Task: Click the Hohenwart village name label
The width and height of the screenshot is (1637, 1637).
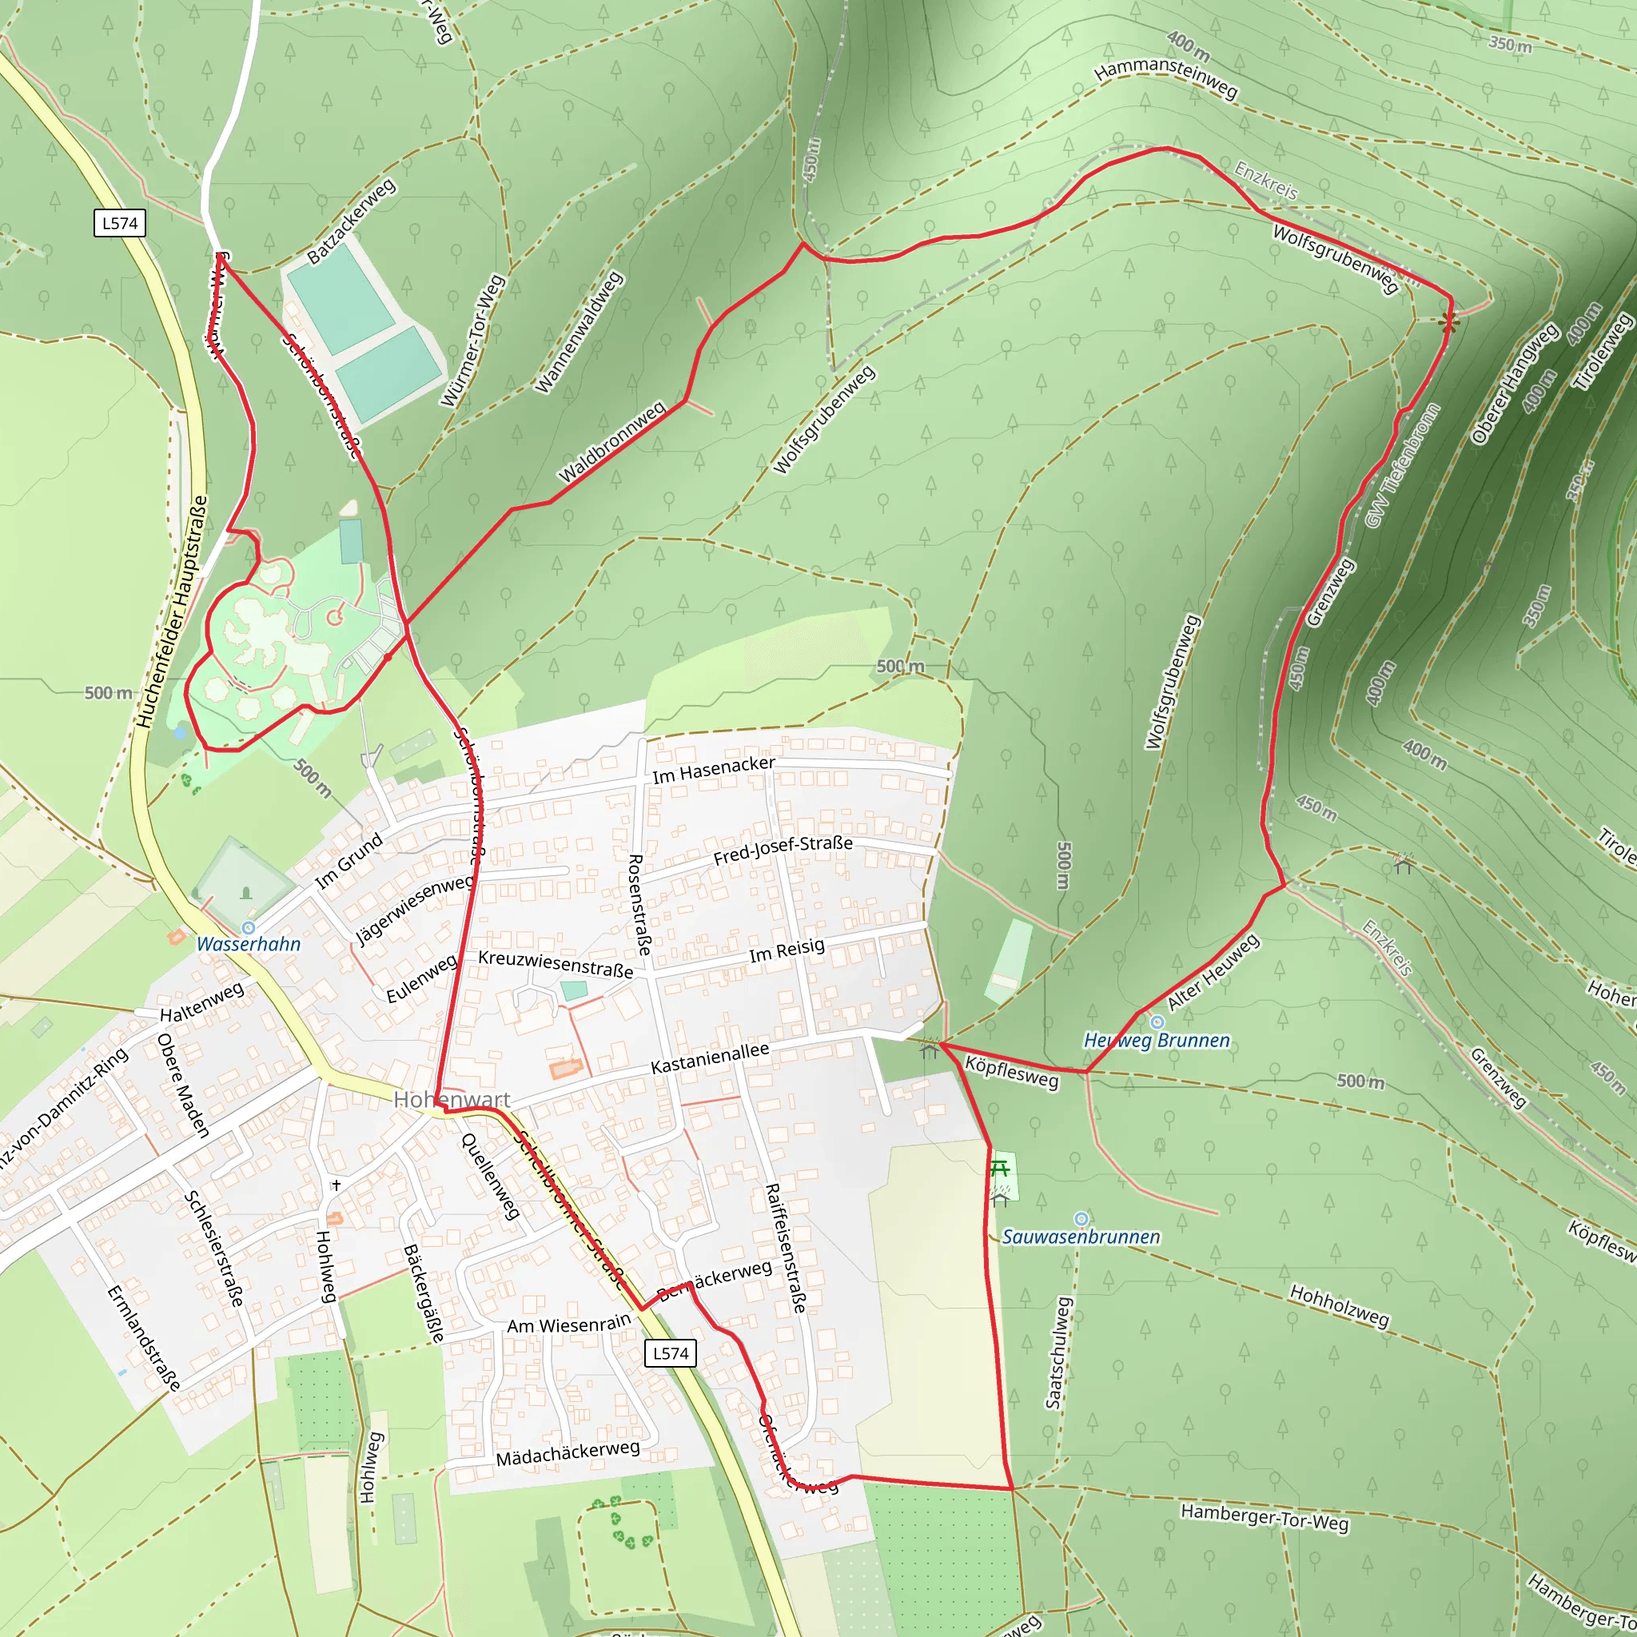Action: click(x=452, y=1099)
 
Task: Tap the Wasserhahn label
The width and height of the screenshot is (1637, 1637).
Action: click(x=249, y=944)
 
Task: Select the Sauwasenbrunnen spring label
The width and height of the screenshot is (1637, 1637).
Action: click(x=1081, y=1237)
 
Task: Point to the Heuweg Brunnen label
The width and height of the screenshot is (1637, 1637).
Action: click(x=1157, y=1040)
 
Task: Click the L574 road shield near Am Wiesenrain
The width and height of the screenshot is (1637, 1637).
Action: click(x=670, y=1353)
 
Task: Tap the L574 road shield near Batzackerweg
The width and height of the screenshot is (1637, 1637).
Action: click(x=119, y=223)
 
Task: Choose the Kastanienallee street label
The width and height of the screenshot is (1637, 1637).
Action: click(x=710, y=1058)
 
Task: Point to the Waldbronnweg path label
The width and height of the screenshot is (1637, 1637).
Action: click(x=611, y=443)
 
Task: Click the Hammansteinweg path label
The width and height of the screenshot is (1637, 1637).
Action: click(x=1166, y=77)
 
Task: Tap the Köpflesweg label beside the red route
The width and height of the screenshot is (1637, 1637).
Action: click(x=1012, y=1073)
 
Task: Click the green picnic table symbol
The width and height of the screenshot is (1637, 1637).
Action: click(x=1000, y=1169)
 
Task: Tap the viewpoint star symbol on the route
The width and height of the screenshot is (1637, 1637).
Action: click(x=1448, y=321)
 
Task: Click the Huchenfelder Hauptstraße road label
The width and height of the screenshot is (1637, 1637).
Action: click(x=172, y=611)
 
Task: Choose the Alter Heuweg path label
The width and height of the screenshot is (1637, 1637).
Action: click(x=1213, y=972)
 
